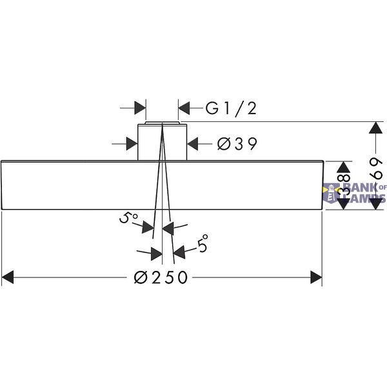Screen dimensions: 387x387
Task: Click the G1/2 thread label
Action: pyautogui.click(x=231, y=108)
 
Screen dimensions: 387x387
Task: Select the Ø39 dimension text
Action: pyautogui.click(x=237, y=144)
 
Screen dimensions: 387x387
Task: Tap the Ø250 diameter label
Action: pyautogui.click(x=161, y=277)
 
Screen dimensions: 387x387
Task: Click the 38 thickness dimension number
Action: pyautogui.click(x=344, y=184)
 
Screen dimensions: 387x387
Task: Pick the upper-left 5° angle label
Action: pyautogui.click(x=128, y=218)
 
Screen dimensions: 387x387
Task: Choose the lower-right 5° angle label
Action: pyautogui.click(x=203, y=243)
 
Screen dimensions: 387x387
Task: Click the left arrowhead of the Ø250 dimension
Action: pyautogui.click(x=7, y=277)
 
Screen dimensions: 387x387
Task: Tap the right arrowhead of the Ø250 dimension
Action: pyautogui.click(x=316, y=277)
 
